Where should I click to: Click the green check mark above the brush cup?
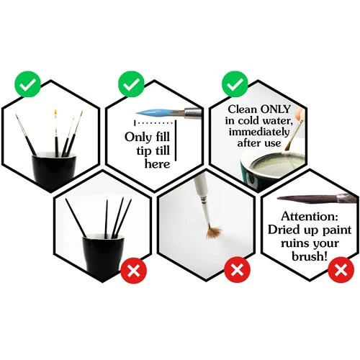(27, 84)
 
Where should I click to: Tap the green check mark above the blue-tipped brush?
(131, 84)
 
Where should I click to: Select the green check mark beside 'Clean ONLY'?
(235, 84)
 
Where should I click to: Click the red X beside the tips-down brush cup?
(134, 270)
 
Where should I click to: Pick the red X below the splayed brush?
(237, 270)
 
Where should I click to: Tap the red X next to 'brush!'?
(341, 270)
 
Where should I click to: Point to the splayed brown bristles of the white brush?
(214, 232)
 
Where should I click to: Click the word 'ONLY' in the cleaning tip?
(276, 109)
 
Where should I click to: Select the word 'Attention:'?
(310, 217)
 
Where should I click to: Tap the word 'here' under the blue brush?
(157, 164)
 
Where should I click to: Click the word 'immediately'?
(259, 132)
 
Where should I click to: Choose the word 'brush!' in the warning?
(310, 256)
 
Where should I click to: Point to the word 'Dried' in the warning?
(282, 230)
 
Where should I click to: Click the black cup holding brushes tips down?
(104, 255)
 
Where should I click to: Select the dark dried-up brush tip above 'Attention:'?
(307, 199)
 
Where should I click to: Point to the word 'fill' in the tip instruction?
(163, 137)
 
